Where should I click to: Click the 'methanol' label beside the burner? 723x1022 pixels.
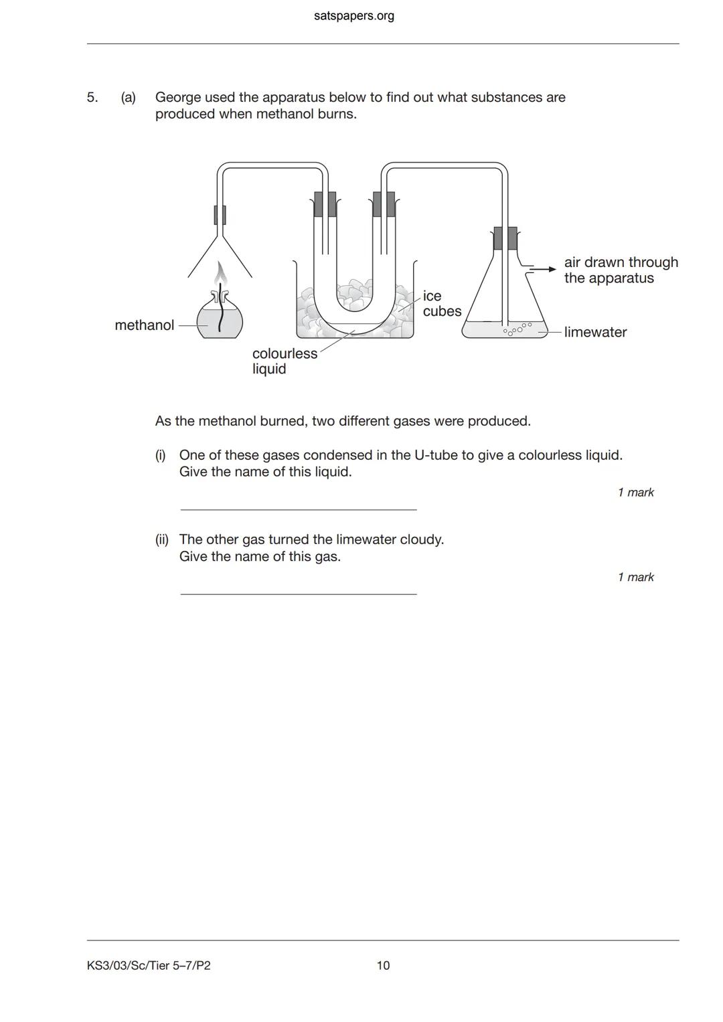(144, 325)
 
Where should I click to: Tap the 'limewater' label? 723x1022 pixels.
(595, 332)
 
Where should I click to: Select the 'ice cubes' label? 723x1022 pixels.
(442, 304)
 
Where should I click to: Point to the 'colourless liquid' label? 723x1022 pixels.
(285, 361)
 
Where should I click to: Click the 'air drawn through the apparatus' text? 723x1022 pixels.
(621, 270)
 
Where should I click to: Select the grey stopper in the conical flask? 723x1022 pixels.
(505, 238)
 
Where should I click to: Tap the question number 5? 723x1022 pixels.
(92, 98)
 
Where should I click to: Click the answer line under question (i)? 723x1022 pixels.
(298, 509)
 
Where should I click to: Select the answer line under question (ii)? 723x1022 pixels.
(298, 593)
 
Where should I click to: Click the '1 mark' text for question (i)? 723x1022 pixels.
(635, 493)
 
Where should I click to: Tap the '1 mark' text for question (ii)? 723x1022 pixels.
(635, 577)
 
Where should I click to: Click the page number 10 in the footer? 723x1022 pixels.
(383, 965)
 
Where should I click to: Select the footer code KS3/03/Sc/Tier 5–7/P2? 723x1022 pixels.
(149, 965)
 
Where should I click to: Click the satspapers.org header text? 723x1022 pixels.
(353, 15)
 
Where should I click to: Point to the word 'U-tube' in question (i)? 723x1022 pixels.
(436, 455)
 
